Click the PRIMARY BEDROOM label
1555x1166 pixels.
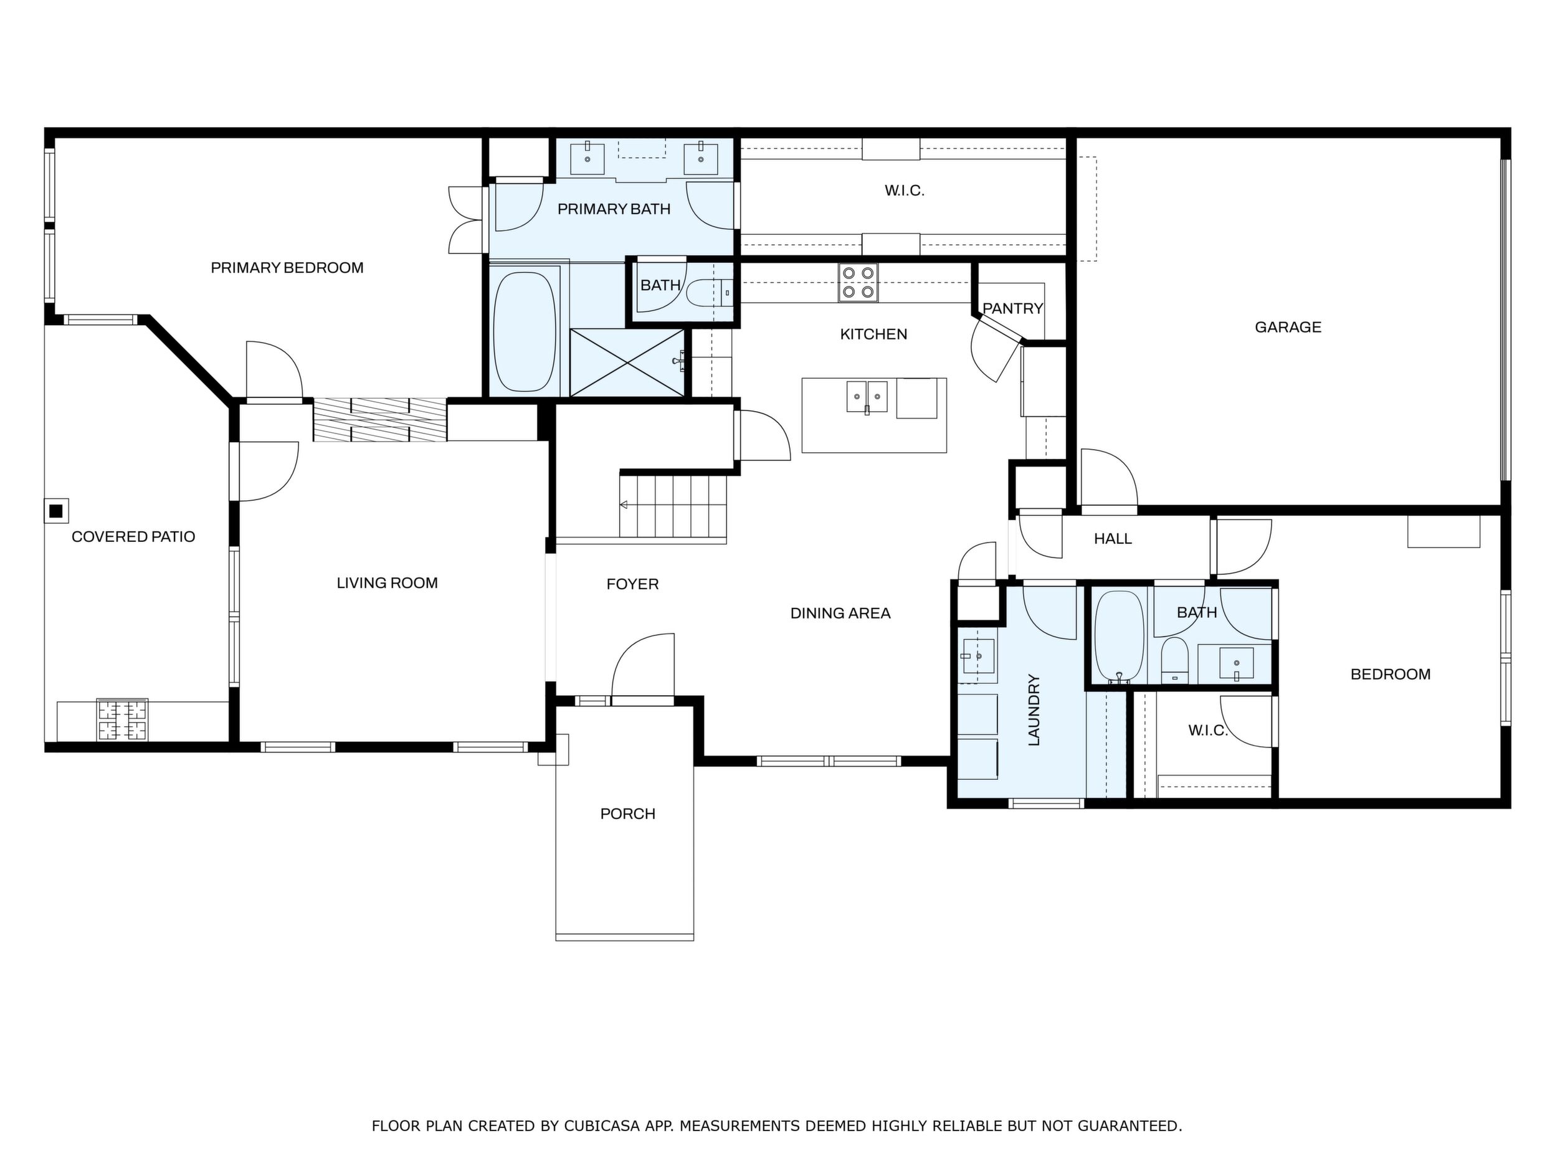click(287, 268)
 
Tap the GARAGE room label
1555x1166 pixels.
click(1288, 327)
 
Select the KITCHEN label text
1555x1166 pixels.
click(874, 334)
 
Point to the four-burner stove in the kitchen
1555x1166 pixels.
click(858, 283)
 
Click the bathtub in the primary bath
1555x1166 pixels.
click(525, 332)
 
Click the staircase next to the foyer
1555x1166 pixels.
click(673, 505)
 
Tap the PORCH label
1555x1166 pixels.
click(628, 814)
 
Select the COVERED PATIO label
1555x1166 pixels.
click(133, 537)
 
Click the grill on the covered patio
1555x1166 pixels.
click(123, 719)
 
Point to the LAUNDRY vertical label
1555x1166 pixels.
click(1034, 710)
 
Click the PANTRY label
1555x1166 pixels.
click(1012, 308)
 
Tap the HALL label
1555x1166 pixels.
click(1113, 539)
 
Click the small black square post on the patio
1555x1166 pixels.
click(55, 511)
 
